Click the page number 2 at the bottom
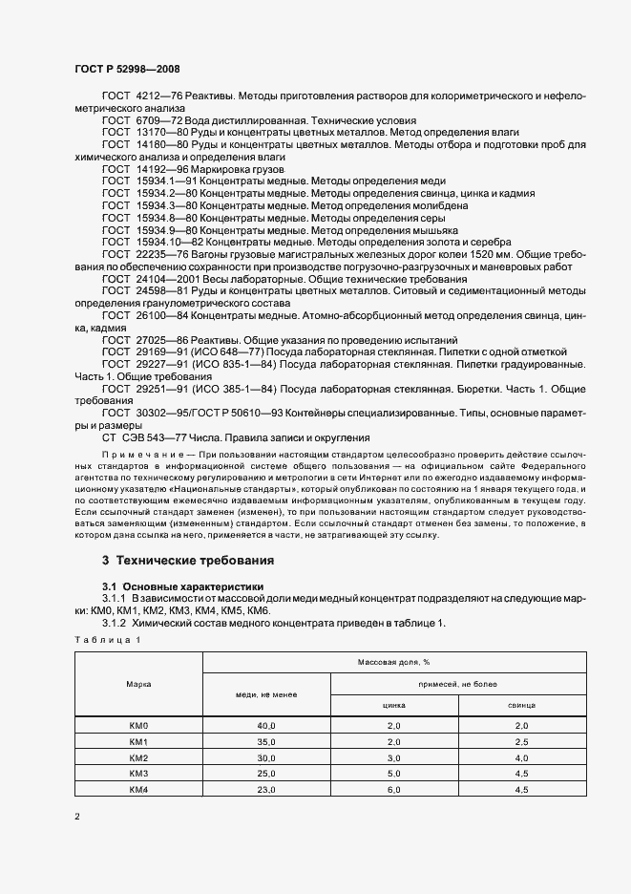77,818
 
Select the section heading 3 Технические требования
188,561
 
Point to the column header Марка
138,684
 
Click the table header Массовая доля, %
394,662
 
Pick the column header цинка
394,705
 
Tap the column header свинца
522,705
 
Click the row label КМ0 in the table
138,727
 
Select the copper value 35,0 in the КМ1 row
266,742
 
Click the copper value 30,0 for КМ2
266,757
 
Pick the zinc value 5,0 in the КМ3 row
394,773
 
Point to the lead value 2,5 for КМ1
522,742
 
